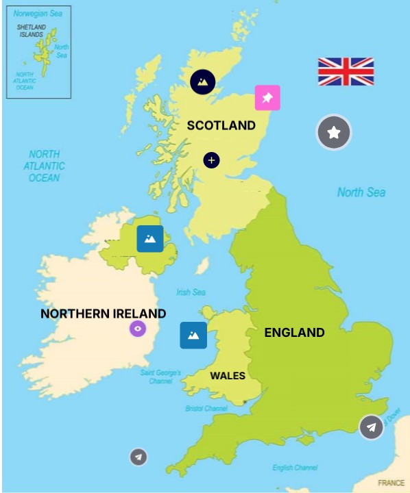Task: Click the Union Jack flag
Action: pos(346,72)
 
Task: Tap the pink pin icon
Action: pos(267,98)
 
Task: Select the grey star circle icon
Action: pos(334,133)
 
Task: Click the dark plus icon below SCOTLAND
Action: pos(212,160)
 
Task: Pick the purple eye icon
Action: pos(138,329)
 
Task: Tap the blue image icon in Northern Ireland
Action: pos(150,239)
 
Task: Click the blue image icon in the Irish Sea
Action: pos(193,335)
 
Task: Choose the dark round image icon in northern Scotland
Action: pos(203,82)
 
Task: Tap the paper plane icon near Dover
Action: pos(372,427)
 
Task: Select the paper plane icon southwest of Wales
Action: pos(139,457)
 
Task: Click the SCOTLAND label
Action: pos(221,125)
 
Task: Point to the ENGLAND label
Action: pos(294,333)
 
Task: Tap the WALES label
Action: pos(228,375)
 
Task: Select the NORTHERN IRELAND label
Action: pos(104,314)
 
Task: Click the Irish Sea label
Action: pos(191,292)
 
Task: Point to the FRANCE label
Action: pos(391,483)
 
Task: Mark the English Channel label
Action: pos(294,468)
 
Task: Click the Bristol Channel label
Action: pos(206,409)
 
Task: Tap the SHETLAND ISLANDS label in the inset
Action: pos(31,31)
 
